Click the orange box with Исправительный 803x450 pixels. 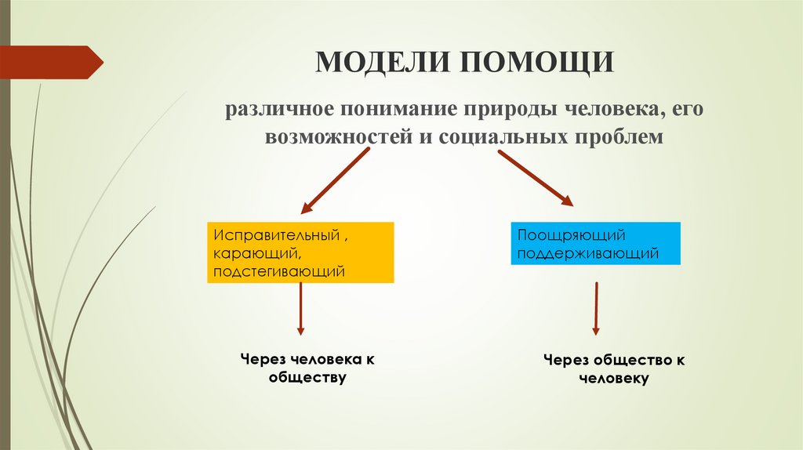300,252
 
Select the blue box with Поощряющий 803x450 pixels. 595,243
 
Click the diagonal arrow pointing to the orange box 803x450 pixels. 335,181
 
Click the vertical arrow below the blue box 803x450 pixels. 596,309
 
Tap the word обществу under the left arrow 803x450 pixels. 307,378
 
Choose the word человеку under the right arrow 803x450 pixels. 615,378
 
